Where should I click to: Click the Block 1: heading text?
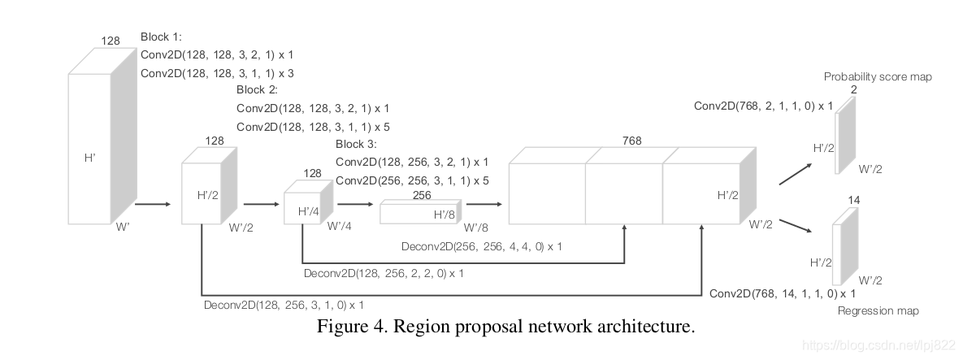162,37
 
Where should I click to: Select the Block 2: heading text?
258,89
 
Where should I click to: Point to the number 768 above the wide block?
632,141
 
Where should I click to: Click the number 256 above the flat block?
422,195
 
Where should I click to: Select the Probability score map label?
878,76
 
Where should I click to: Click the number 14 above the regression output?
853,200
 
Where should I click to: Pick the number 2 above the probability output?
853,89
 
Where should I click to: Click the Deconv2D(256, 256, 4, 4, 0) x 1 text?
482,245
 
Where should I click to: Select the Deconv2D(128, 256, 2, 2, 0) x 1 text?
384,273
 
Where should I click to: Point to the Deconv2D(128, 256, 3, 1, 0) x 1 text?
284,305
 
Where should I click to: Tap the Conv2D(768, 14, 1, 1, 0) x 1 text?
783,293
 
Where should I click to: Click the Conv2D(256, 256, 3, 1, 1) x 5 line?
412,180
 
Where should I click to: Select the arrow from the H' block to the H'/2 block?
152,206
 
